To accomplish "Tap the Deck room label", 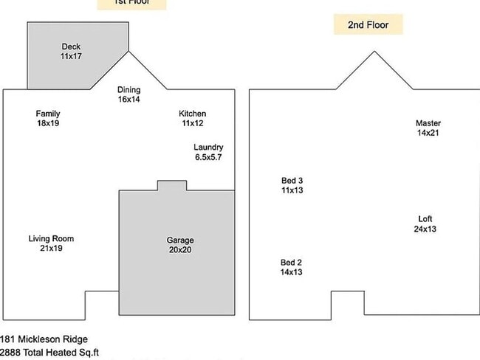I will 71,46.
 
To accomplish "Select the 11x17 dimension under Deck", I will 71,56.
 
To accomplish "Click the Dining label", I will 128,90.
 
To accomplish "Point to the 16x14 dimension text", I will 128,100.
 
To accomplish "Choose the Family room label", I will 48,114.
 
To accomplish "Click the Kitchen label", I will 193,114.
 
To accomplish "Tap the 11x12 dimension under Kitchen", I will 193,123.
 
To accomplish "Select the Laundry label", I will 208,148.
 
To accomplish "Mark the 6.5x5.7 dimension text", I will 208,157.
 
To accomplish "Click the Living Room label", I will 51,238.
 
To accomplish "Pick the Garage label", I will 180,240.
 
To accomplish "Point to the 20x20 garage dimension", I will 180,250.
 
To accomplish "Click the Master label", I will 428,123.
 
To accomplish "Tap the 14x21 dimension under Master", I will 428,133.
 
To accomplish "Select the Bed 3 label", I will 292,181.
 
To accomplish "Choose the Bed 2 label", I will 291,263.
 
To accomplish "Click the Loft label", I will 425,219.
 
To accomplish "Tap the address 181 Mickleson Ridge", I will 44,339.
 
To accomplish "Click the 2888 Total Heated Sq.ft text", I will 49,353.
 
